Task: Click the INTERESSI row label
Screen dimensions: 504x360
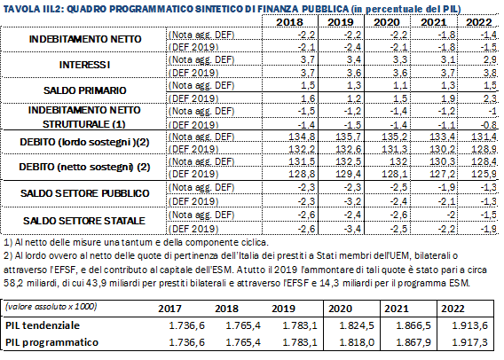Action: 84,65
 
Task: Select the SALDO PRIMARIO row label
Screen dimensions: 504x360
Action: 84,90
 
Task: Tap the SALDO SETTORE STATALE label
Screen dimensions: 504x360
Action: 84,221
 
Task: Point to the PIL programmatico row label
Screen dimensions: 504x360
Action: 51,342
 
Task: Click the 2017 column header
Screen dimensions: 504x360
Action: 169,309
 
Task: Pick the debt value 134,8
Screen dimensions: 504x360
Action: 302,137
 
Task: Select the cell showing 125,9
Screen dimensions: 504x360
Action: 484,174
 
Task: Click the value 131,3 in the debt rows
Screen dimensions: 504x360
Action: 394,149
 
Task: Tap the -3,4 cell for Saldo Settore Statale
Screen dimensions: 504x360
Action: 351,229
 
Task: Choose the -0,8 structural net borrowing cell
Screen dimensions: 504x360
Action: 489,125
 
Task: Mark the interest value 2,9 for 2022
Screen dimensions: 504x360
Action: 490,59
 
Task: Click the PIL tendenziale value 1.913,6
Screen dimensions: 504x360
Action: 470,325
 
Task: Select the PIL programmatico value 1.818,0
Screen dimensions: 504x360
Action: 357,342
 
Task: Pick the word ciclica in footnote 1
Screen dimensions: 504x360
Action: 255,242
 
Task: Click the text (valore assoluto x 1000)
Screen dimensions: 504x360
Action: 51,307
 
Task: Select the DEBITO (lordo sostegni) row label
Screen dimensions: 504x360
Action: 84,142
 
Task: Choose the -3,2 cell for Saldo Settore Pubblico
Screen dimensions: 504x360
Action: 351,201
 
